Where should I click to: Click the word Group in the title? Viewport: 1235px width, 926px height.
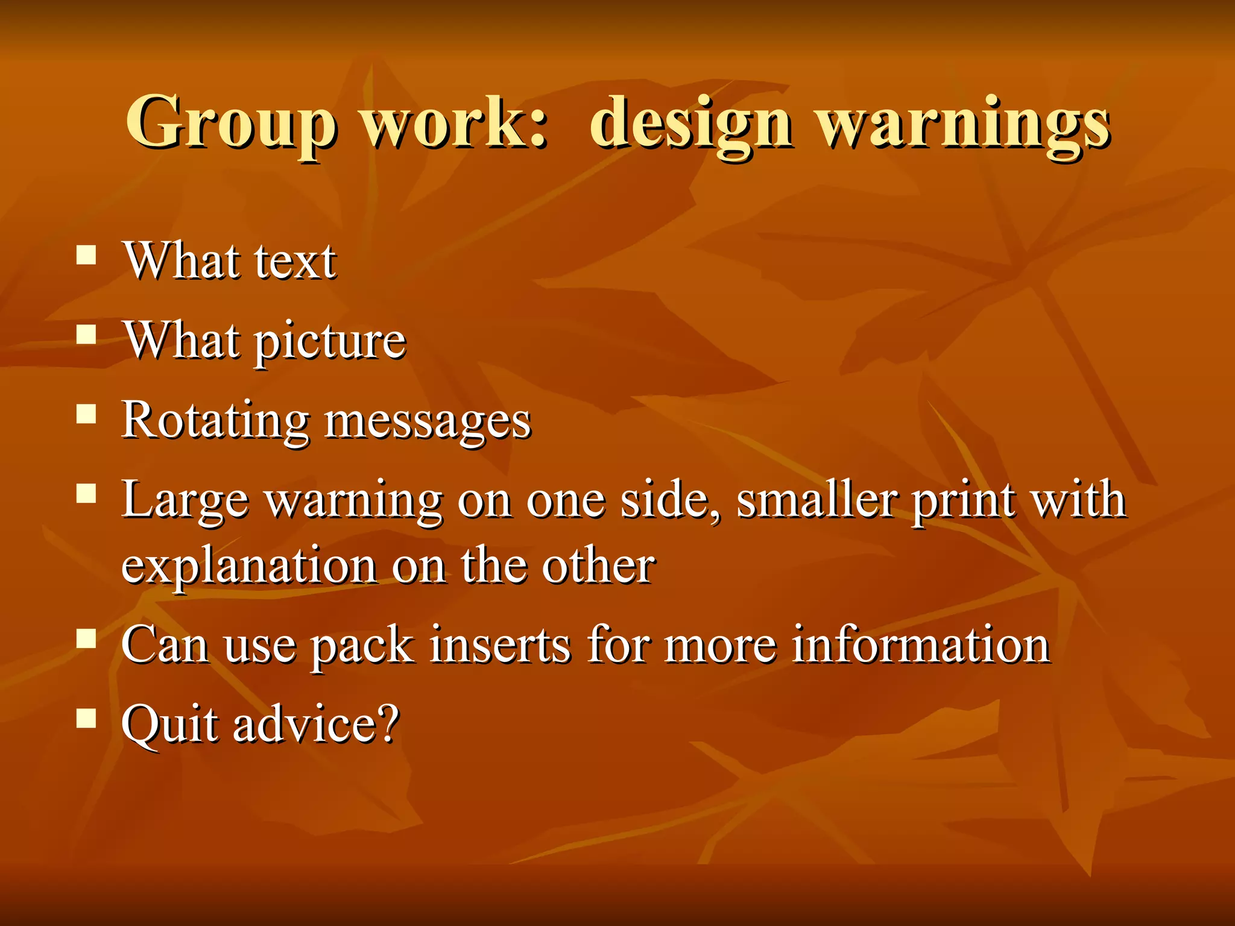coord(230,124)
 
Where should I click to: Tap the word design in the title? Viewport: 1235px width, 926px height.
coord(690,124)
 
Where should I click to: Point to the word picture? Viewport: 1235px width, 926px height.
coord(330,342)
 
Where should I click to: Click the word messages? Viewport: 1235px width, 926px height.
coord(428,421)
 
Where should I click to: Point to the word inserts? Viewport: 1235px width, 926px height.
coord(499,645)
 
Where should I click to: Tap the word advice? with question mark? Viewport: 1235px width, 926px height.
coord(317,723)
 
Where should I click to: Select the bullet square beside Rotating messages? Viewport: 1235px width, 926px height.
coord(87,415)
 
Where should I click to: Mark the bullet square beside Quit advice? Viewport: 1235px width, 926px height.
coord(87,718)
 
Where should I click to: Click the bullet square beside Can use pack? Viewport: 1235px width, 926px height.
coord(87,638)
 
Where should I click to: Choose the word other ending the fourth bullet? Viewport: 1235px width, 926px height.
coord(598,566)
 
